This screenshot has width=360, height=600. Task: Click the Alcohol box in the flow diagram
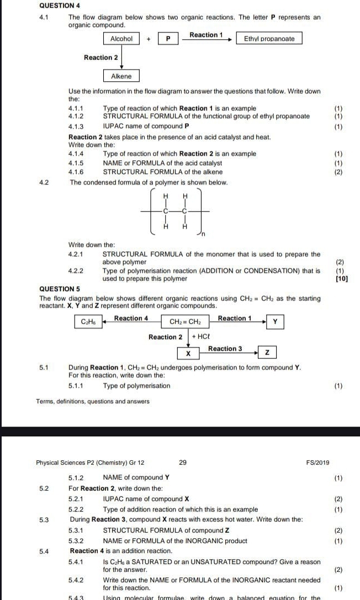121,39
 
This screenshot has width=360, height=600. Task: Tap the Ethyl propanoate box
269,39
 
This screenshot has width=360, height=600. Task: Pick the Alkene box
121,76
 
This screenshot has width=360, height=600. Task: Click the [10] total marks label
342,278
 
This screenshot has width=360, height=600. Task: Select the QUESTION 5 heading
60,288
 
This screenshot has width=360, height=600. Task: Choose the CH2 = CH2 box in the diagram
185,322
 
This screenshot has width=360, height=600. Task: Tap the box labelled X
188,352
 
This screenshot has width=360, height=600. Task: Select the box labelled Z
267,352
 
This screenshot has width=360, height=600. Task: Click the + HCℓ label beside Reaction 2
200,336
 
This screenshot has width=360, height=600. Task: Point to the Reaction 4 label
131,318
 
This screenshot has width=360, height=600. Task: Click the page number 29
183,462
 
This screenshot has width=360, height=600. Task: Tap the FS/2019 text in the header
318,462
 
